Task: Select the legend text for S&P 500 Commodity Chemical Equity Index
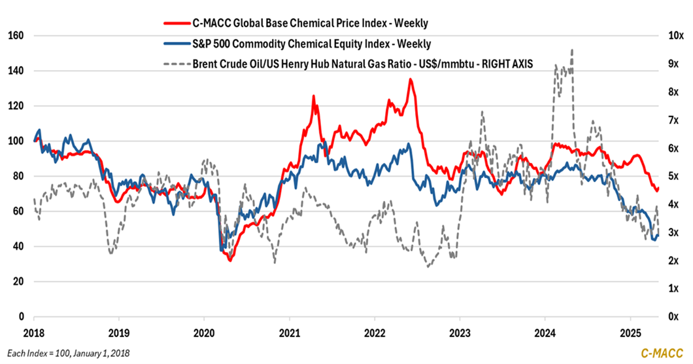(311, 43)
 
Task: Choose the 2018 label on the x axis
(33, 331)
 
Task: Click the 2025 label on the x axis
(630, 331)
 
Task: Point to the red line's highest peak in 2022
(410, 79)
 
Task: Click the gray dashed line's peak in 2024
(572, 50)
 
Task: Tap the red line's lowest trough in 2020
(230, 261)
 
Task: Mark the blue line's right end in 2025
(658, 236)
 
